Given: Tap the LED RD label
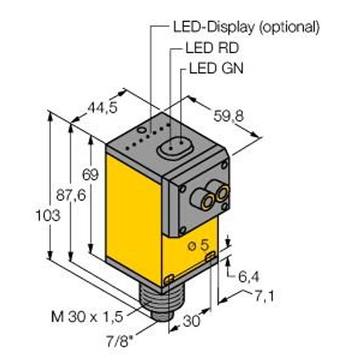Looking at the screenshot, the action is (x=212, y=48).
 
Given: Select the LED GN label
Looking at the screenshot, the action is (x=216, y=68).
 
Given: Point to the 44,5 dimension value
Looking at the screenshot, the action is (x=103, y=107).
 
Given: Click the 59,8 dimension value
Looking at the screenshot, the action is (x=229, y=116).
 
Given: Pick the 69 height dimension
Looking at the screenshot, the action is (x=90, y=175).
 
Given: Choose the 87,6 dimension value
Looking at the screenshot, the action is (x=71, y=196).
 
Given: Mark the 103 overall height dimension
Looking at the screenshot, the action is (x=48, y=215).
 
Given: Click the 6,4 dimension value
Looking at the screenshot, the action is (x=248, y=277).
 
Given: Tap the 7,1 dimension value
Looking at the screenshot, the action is (x=264, y=296).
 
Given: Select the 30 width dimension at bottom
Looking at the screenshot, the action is (x=191, y=321).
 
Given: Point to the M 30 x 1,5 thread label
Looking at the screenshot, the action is (x=87, y=317).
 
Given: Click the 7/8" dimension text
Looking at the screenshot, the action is (x=120, y=341).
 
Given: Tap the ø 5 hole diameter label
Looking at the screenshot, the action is (x=199, y=245).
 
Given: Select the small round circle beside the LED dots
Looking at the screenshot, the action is (x=141, y=130).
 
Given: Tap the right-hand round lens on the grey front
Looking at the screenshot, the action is (x=222, y=193).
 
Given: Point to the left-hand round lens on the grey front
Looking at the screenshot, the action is (x=207, y=202).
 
